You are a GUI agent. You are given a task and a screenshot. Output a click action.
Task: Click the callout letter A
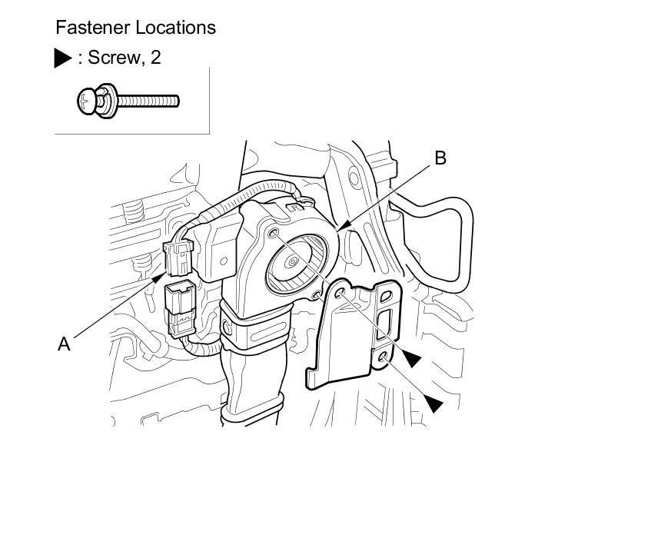(65, 344)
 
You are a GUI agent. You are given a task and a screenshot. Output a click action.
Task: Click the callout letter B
(440, 158)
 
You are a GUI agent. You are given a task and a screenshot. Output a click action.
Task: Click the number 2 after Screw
(156, 58)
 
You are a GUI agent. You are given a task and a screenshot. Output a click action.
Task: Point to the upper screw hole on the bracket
(339, 294)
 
